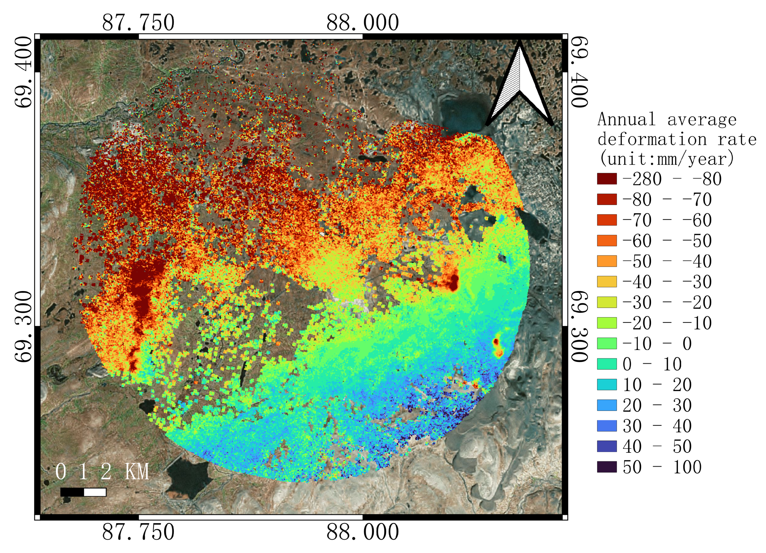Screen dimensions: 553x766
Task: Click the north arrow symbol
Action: click(x=519, y=85)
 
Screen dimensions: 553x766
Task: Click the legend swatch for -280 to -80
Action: click(x=607, y=179)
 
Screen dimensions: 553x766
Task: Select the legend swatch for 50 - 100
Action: click(x=607, y=467)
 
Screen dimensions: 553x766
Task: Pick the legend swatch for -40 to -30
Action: click(x=607, y=282)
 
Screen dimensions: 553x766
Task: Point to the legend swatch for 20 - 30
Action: click(x=607, y=405)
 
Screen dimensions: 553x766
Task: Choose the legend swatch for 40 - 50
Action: click(x=607, y=446)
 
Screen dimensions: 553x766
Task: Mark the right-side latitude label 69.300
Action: click(x=580, y=326)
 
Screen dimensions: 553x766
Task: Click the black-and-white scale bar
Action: click(x=83, y=492)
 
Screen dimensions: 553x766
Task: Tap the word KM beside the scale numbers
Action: click(x=137, y=472)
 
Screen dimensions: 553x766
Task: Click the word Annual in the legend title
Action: click(x=627, y=120)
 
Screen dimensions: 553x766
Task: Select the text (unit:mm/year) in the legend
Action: click(x=666, y=159)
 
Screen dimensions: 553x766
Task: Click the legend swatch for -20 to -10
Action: click(x=607, y=323)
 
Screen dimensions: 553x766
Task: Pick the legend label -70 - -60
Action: click(x=667, y=220)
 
